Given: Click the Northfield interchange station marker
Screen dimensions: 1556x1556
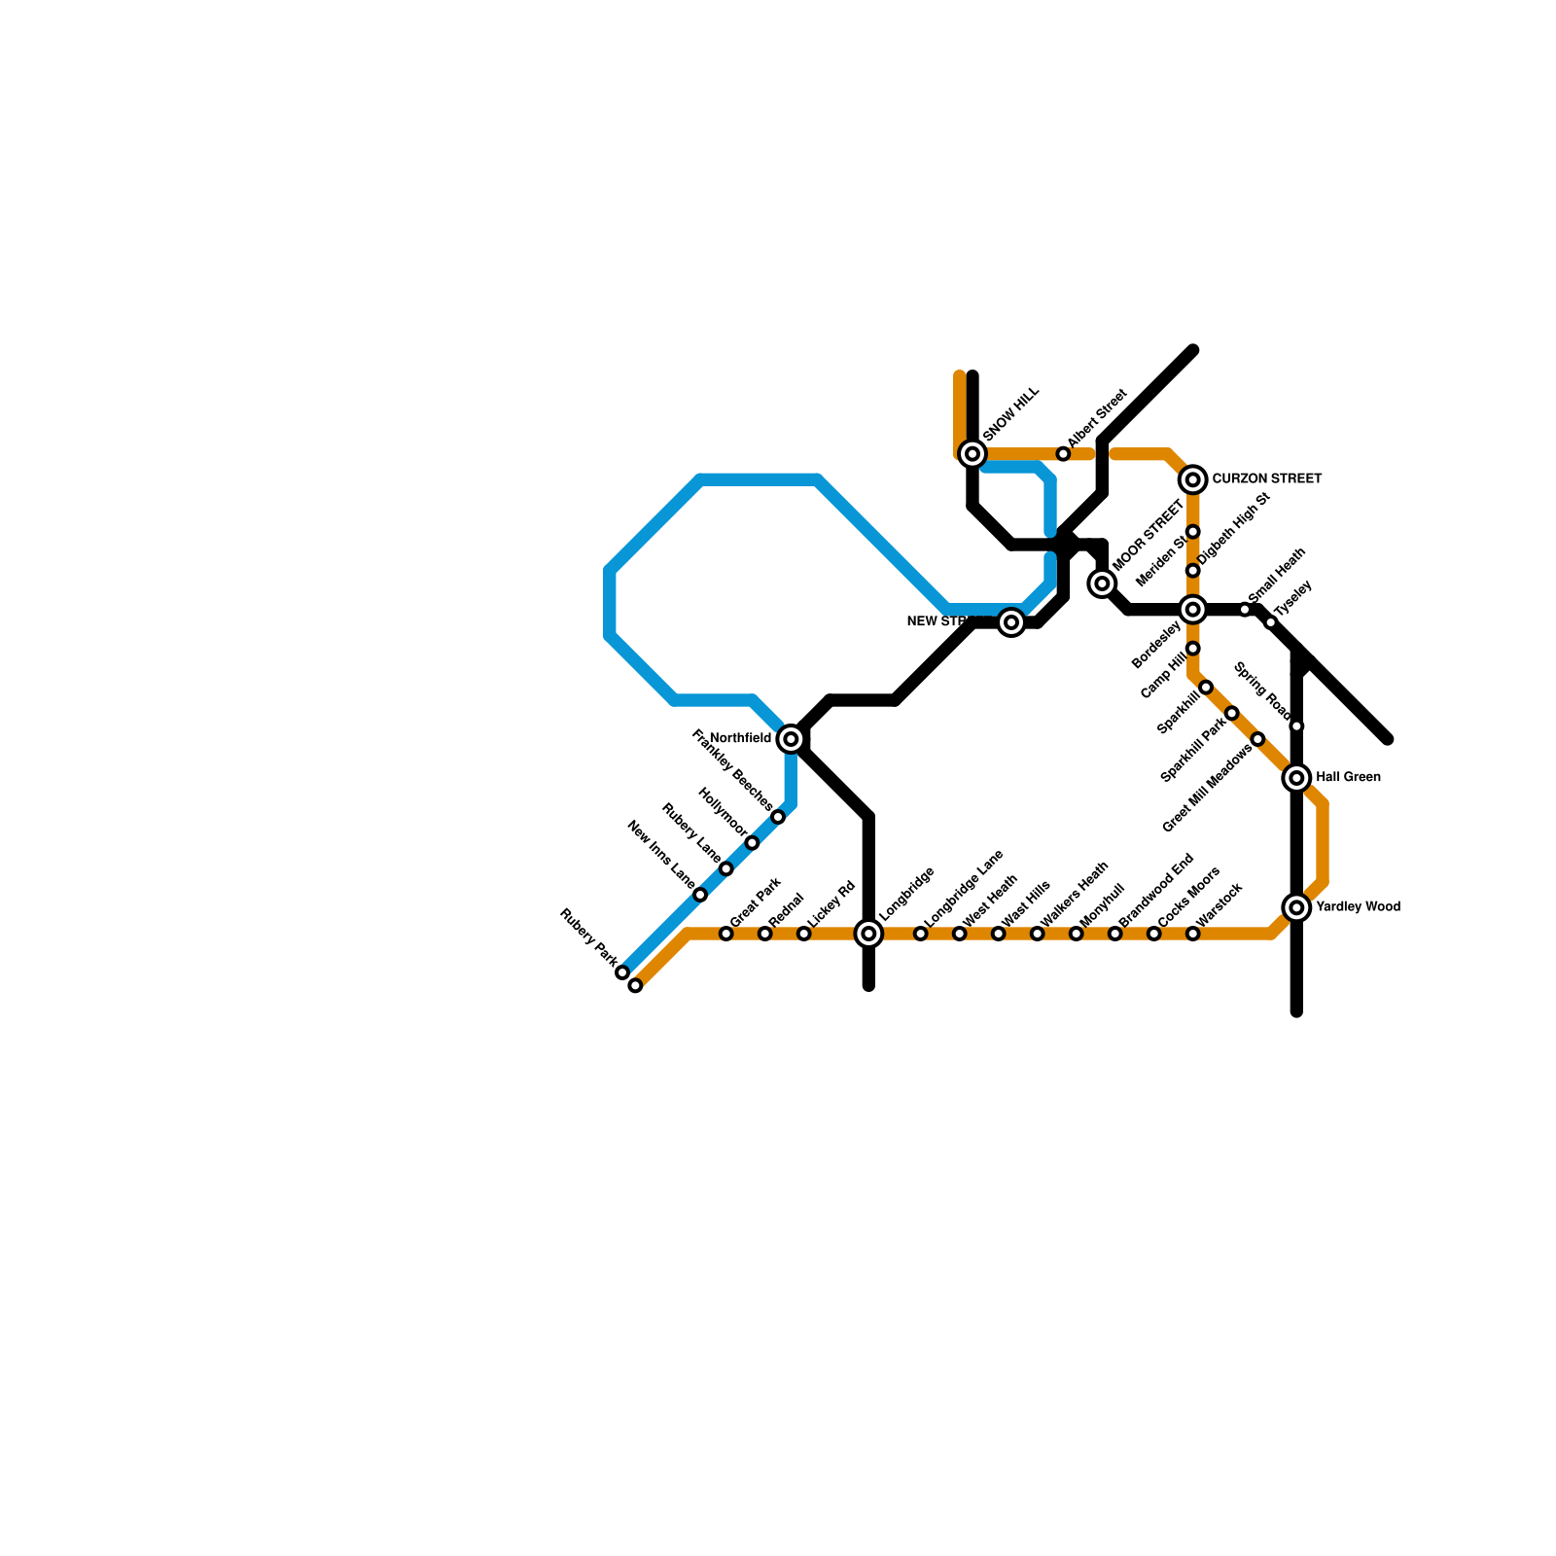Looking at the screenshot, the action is [792, 739].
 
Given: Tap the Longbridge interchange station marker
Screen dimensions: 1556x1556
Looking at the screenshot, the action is [869, 934].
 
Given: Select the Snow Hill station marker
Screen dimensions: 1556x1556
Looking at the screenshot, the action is [972, 453].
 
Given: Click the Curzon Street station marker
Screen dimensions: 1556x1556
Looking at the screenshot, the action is [1193, 479].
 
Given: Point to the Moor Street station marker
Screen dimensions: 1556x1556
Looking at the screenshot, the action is [1102, 583].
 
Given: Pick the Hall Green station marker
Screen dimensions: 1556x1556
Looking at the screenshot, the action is [1296, 778].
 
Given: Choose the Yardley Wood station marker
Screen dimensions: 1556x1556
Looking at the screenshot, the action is [1296, 907].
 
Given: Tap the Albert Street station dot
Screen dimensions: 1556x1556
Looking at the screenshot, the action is [1063, 454].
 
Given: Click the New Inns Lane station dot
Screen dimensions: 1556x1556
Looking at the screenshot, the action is [700, 895].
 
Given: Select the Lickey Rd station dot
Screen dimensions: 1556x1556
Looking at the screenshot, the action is [804, 934].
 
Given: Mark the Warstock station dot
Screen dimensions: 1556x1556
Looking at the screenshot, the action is [1193, 934].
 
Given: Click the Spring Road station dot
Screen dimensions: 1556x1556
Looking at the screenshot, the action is [1296, 726].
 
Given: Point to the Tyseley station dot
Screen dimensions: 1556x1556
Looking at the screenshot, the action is [1271, 622].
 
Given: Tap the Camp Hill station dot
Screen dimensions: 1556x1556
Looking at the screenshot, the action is [1206, 688].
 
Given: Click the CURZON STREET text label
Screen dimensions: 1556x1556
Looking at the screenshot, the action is [1266, 479].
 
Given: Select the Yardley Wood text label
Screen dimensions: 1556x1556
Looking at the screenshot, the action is [1358, 907].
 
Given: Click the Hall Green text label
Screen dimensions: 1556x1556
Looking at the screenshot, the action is [1348, 778].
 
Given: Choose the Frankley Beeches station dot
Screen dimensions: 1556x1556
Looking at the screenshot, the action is [778, 817].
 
